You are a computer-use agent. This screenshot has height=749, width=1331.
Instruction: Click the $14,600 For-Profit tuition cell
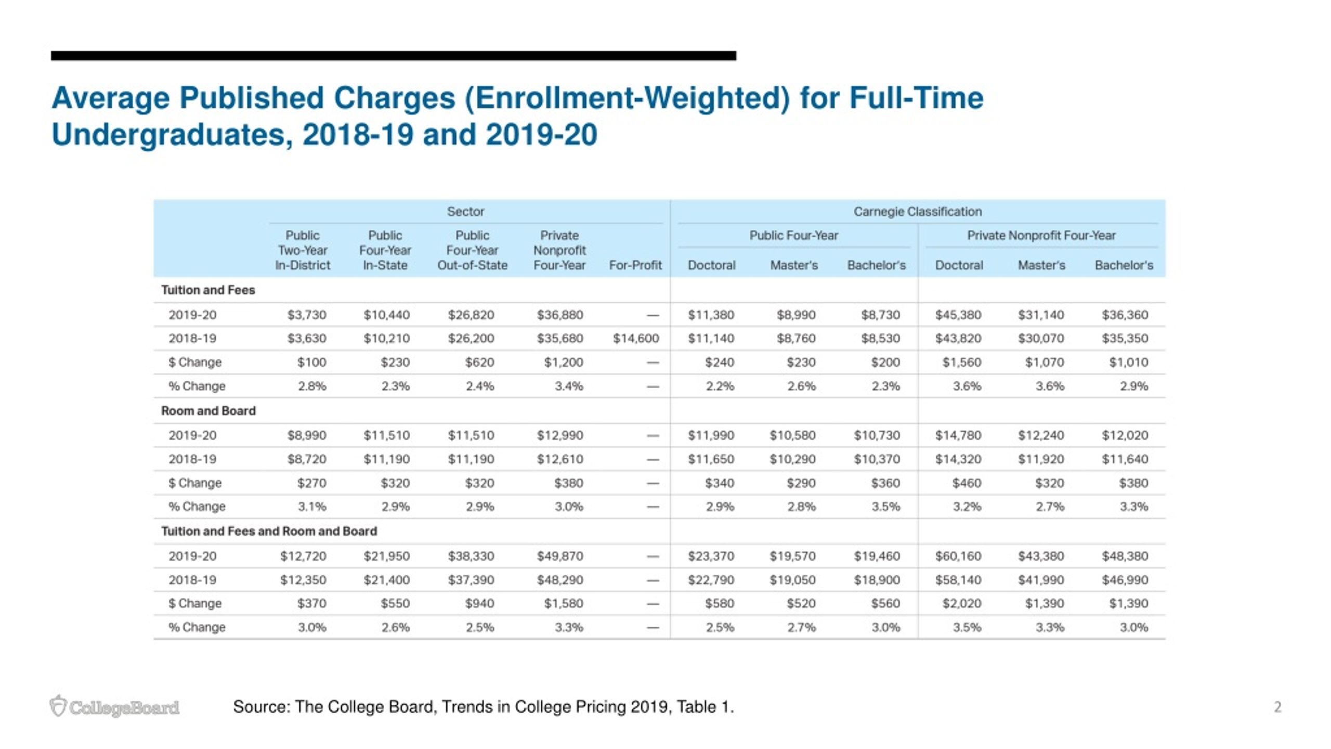click(x=636, y=339)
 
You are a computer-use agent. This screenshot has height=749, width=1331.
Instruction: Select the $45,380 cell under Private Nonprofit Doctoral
click(x=958, y=315)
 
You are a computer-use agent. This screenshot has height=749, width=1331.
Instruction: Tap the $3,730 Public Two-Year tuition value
click(x=307, y=315)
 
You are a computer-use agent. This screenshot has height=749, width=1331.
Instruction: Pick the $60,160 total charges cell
click(x=958, y=556)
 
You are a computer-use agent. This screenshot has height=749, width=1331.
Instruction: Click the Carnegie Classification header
click(x=918, y=212)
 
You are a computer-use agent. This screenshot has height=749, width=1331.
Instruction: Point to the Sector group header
click(x=466, y=212)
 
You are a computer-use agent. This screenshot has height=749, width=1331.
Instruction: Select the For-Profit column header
click(x=635, y=265)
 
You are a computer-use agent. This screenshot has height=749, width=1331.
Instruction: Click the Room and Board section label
click(x=208, y=411)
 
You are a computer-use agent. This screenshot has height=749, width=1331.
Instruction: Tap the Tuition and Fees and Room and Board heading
click(x=269, y=531)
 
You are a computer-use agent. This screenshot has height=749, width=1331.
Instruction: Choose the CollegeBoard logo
click(x=114, y=706)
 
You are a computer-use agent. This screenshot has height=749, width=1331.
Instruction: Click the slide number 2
click(x=1277, y=707)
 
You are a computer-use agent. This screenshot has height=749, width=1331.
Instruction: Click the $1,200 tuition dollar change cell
click(x=564, y=363)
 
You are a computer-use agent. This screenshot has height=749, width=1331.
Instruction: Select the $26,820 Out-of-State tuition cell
click(x=471, y=315)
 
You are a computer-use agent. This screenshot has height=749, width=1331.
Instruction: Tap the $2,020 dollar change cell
click(x=962, y=603)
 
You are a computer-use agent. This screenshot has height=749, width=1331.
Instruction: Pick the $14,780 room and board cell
click(x=958, y=435)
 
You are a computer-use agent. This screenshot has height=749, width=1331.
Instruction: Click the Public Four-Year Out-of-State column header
click(x=472, y=250)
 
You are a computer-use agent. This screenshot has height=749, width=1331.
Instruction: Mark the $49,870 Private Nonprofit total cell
click(x=560, y=556)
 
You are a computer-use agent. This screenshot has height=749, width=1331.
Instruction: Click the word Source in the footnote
click(x=262, y=707)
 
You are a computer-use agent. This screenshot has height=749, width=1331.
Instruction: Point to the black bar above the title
click(x=394, y=56)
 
